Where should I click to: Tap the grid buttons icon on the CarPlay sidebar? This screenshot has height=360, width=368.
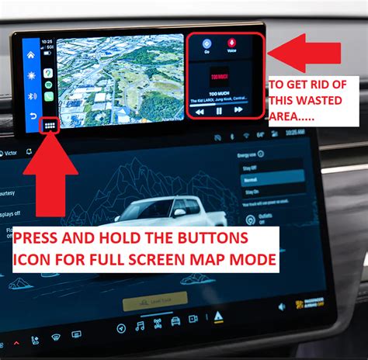pyautogui.click(x=49, y=125)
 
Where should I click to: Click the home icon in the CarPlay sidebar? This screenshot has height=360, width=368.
pyautogui.click(x=31, y=56)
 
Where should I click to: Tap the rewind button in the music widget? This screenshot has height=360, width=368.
pyautogui.click(x=200, y=111)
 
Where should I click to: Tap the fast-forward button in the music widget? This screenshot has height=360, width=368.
pyautogui.click(x=238, y=111)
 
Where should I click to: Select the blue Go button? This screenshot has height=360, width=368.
pyautogui.click(x=206, y=45)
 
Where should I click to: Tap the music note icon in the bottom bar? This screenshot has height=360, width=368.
pyautogui.click(x=140, y=327)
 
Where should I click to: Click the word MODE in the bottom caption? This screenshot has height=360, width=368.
pyautogui.click(x=252, y=261)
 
